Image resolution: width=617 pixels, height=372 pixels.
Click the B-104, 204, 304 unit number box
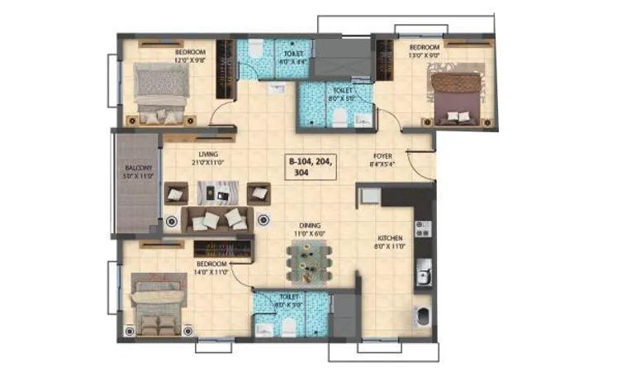tap(311, 167)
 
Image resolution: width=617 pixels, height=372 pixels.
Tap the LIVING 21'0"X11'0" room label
tap(208, 159)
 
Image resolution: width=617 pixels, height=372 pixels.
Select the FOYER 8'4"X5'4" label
tap(382, 159)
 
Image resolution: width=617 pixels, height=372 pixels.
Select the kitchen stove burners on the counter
tap(423, 228)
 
